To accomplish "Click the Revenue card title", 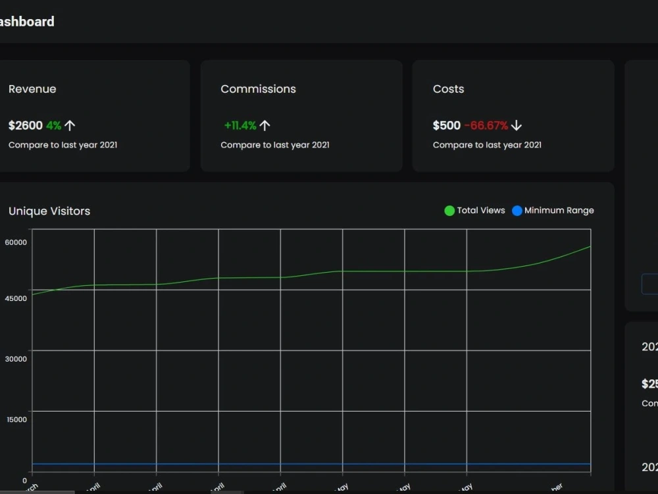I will [32, 89].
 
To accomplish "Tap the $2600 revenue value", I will [26, 125].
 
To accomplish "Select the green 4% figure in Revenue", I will [53, 125].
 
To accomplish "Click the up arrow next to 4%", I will [70, 125].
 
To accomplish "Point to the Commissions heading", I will [258, 89].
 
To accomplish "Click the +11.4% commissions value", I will [240, 125].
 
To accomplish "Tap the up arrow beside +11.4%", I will [265, 125].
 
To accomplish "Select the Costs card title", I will [448, 89].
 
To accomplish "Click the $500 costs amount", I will [447, 125].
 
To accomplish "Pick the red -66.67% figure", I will [486, 125].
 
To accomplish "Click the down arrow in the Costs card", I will [517, 125].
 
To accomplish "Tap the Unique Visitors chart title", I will [49, 211].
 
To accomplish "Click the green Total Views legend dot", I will [449, 211].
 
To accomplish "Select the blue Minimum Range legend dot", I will [517, 211].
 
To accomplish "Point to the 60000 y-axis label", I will [16, 242].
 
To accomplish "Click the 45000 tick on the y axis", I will [16, 298].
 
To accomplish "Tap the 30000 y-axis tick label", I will [16, 359].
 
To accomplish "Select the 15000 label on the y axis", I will [16, 420].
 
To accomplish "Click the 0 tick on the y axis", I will [24, 480].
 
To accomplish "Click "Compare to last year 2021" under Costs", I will [487, 145].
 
